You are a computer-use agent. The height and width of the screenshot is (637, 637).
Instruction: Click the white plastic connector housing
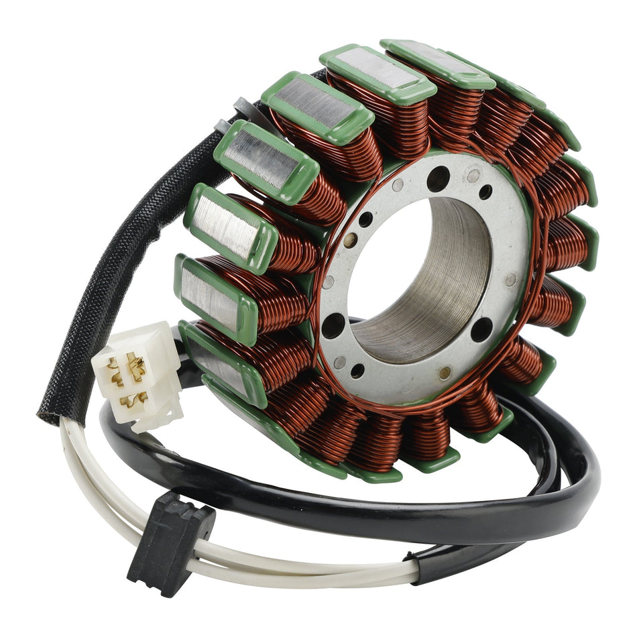137,375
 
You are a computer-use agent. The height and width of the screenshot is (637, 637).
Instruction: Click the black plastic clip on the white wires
171,540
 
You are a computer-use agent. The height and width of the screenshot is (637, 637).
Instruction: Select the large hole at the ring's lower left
333,325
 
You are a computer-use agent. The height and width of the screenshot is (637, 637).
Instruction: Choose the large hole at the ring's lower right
481,329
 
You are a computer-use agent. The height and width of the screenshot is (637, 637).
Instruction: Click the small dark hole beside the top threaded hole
485,192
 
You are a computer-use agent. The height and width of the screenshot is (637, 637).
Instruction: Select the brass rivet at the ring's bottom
445,372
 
